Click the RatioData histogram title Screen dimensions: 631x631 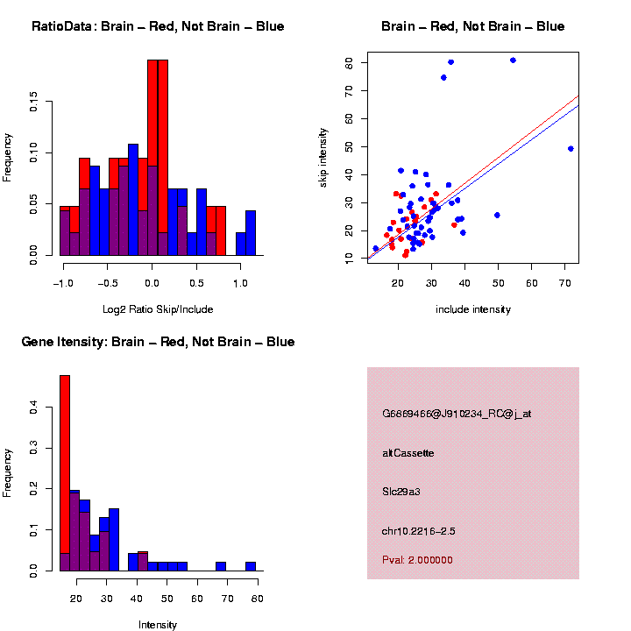(x=158, y=26)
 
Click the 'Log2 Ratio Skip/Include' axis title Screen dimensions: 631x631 (x=158, y=308)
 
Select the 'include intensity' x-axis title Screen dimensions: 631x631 (x=473, y=308)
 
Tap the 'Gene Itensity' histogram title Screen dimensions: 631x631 (x=158, y=342)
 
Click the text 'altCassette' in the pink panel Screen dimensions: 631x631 (x=408, y=453)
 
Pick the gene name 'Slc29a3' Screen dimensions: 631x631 (x=401, y=492)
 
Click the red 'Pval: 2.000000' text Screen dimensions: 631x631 (x=418, y=559)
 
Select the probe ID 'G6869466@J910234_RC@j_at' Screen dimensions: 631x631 (x=457, y=414)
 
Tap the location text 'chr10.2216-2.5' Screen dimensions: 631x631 (x=419, y=531)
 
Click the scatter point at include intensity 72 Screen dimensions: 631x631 (x=571, y=149)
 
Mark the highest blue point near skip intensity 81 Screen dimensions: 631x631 (x=513, y=60)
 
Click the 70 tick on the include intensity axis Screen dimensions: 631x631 (x=564, y=283)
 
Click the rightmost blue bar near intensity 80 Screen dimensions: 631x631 (x=251, y=566)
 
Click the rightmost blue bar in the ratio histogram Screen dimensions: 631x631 (x=251, y=233)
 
